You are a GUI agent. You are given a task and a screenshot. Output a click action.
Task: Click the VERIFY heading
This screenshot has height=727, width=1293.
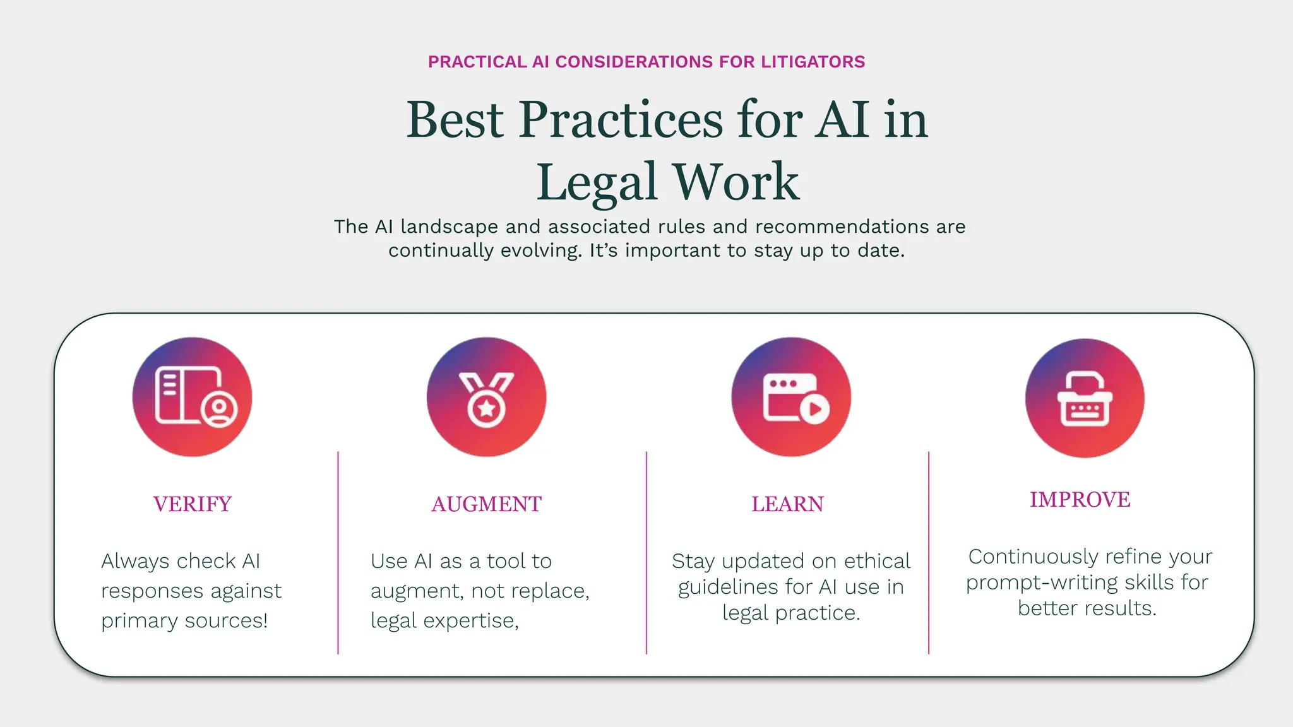coord(193,504)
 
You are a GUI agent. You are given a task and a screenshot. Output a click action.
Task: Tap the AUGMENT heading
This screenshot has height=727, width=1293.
coord(486,504)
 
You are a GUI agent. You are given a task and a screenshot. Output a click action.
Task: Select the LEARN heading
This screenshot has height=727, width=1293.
coord(787,504)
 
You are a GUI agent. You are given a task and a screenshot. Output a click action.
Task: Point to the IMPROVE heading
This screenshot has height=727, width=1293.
coord(1080,500)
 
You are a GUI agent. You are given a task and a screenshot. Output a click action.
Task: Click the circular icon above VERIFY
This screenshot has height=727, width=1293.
coord(192,397)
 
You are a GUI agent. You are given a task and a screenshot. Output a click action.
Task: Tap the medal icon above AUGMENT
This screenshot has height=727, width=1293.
coord(486,397)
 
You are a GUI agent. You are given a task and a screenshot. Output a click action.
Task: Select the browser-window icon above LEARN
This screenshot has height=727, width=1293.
coord(791,397)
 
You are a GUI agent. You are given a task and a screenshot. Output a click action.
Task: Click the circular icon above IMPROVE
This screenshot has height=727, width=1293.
coord(1085,398)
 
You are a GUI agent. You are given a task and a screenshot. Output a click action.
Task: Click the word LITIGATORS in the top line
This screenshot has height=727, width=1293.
coord(813,62)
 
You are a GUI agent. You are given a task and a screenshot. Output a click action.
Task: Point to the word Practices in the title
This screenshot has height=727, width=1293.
coord(621,120)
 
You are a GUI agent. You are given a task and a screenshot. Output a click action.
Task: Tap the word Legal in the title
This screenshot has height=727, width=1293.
coord(597,182)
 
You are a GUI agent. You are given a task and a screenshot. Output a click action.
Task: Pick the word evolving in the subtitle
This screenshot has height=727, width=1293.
coord(540,251)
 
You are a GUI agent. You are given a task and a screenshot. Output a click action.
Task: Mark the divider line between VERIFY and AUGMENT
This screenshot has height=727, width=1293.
coord(338,552)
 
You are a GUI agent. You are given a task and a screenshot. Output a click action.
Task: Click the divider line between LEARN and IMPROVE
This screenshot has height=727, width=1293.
coord(929,552)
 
